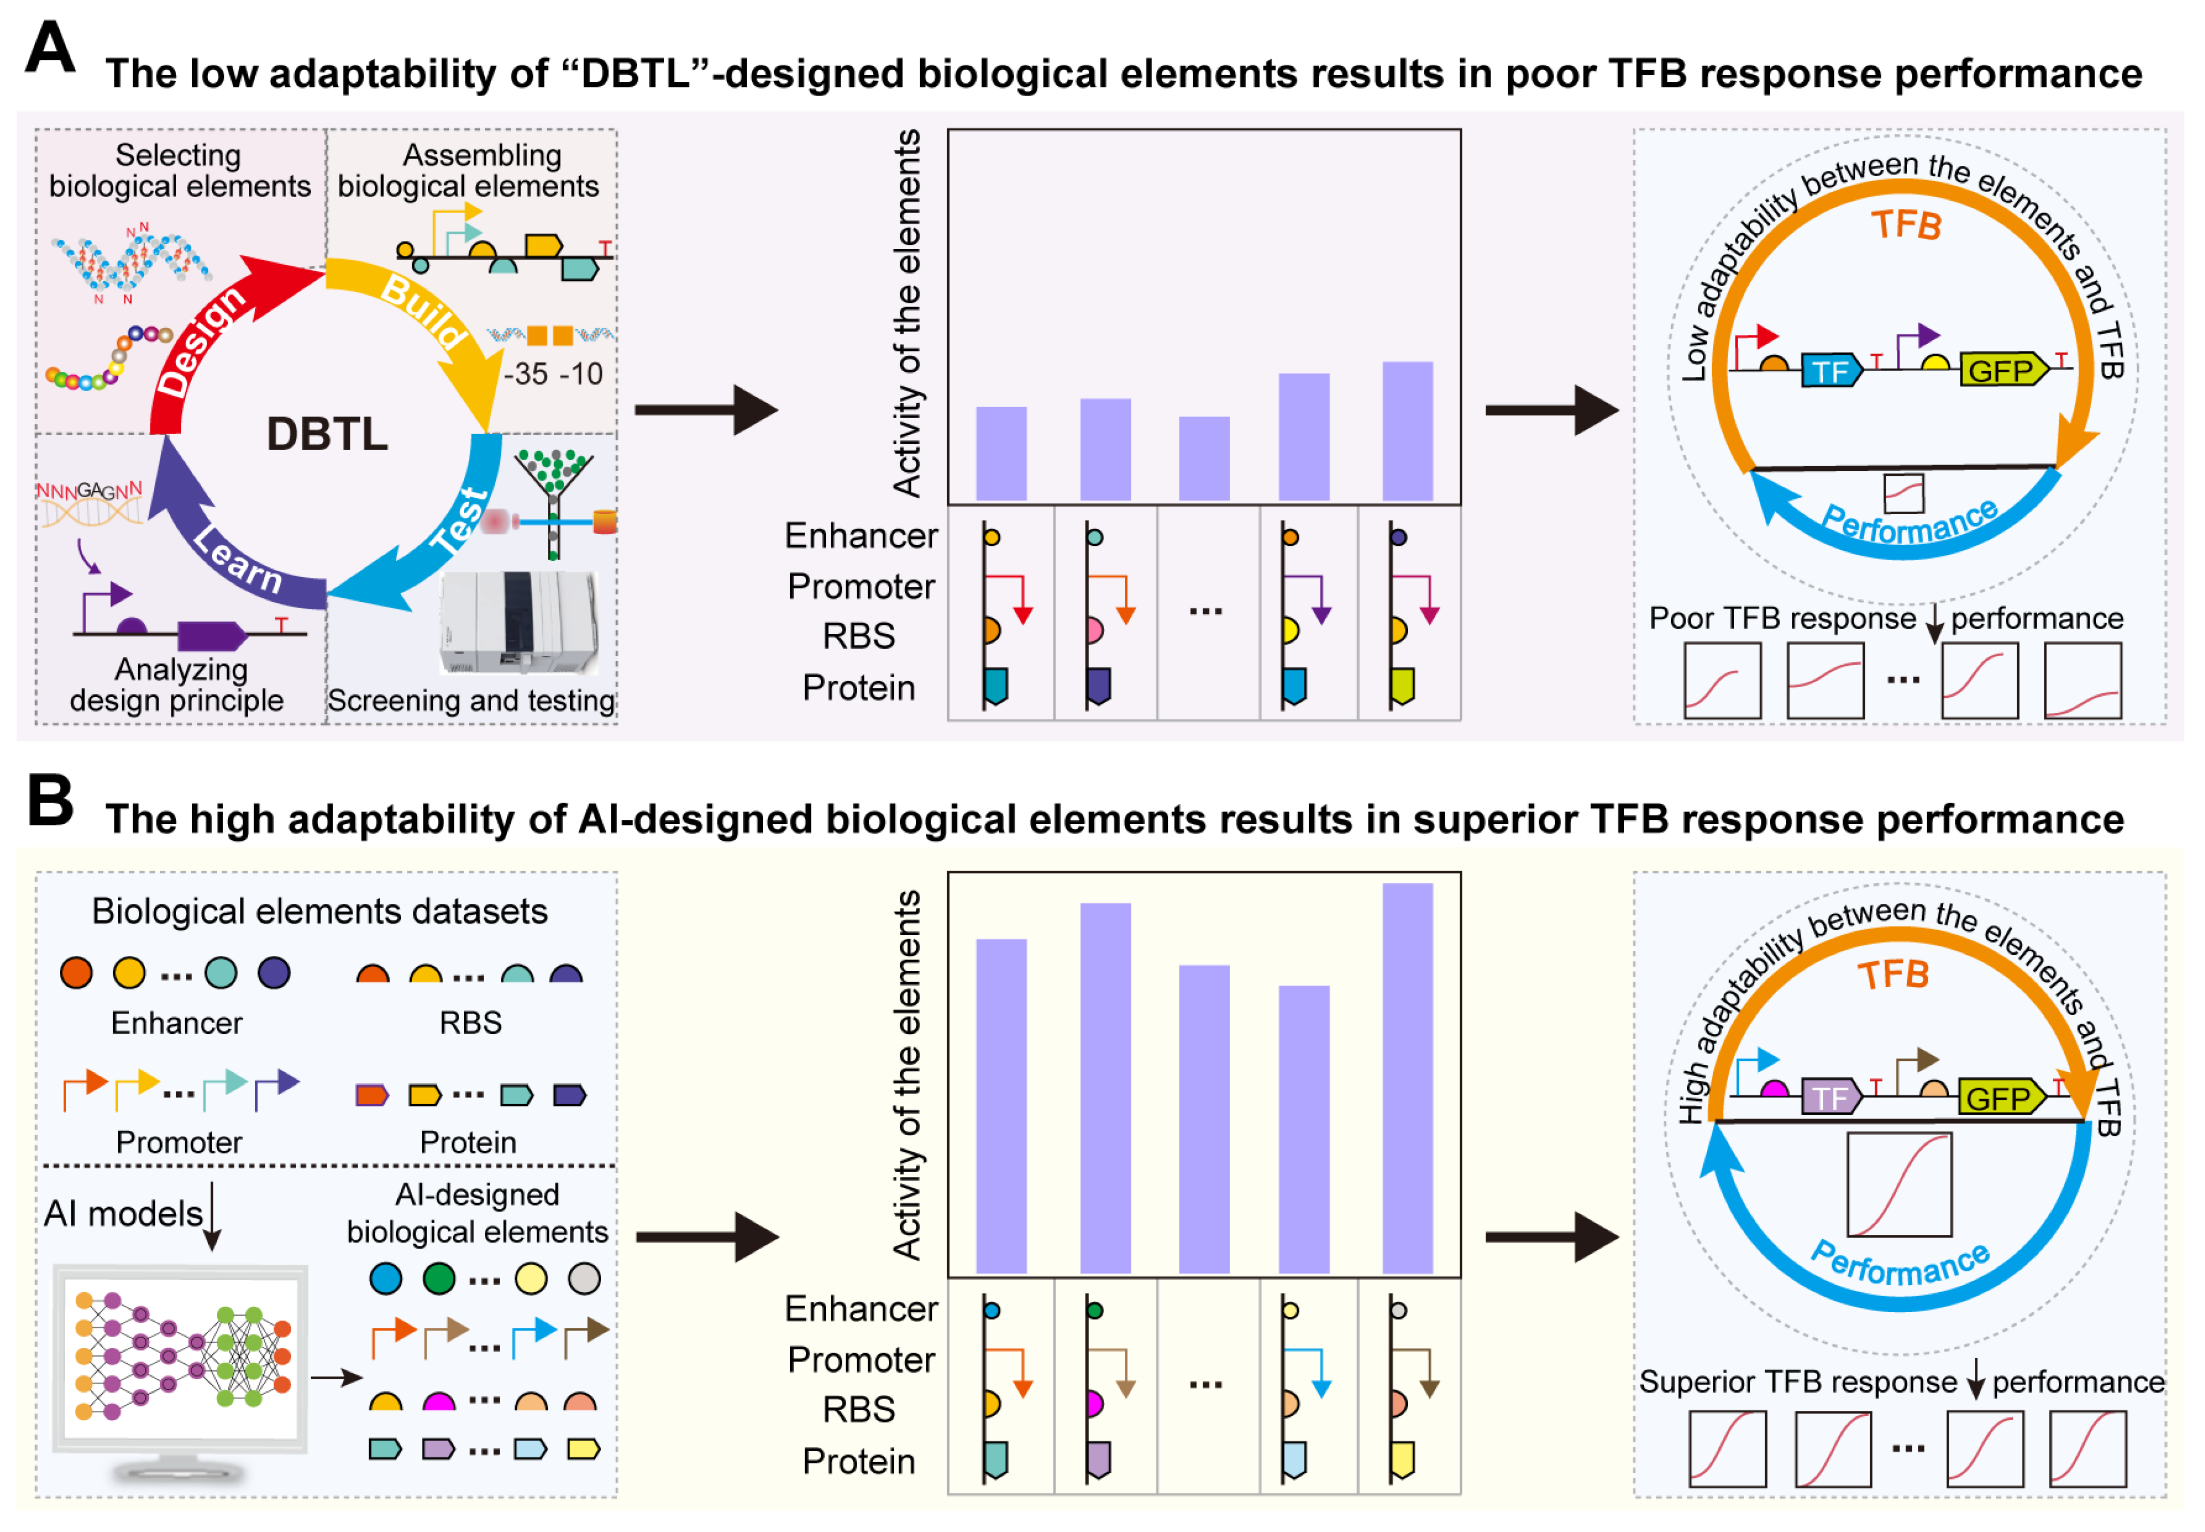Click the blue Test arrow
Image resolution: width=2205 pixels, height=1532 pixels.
tap(451, 538)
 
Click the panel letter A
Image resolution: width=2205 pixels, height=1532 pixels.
tap(50, 48)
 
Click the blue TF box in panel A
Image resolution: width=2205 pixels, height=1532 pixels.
tap(1830, 371)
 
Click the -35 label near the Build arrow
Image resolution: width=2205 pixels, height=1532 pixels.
tap(526, 373)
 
